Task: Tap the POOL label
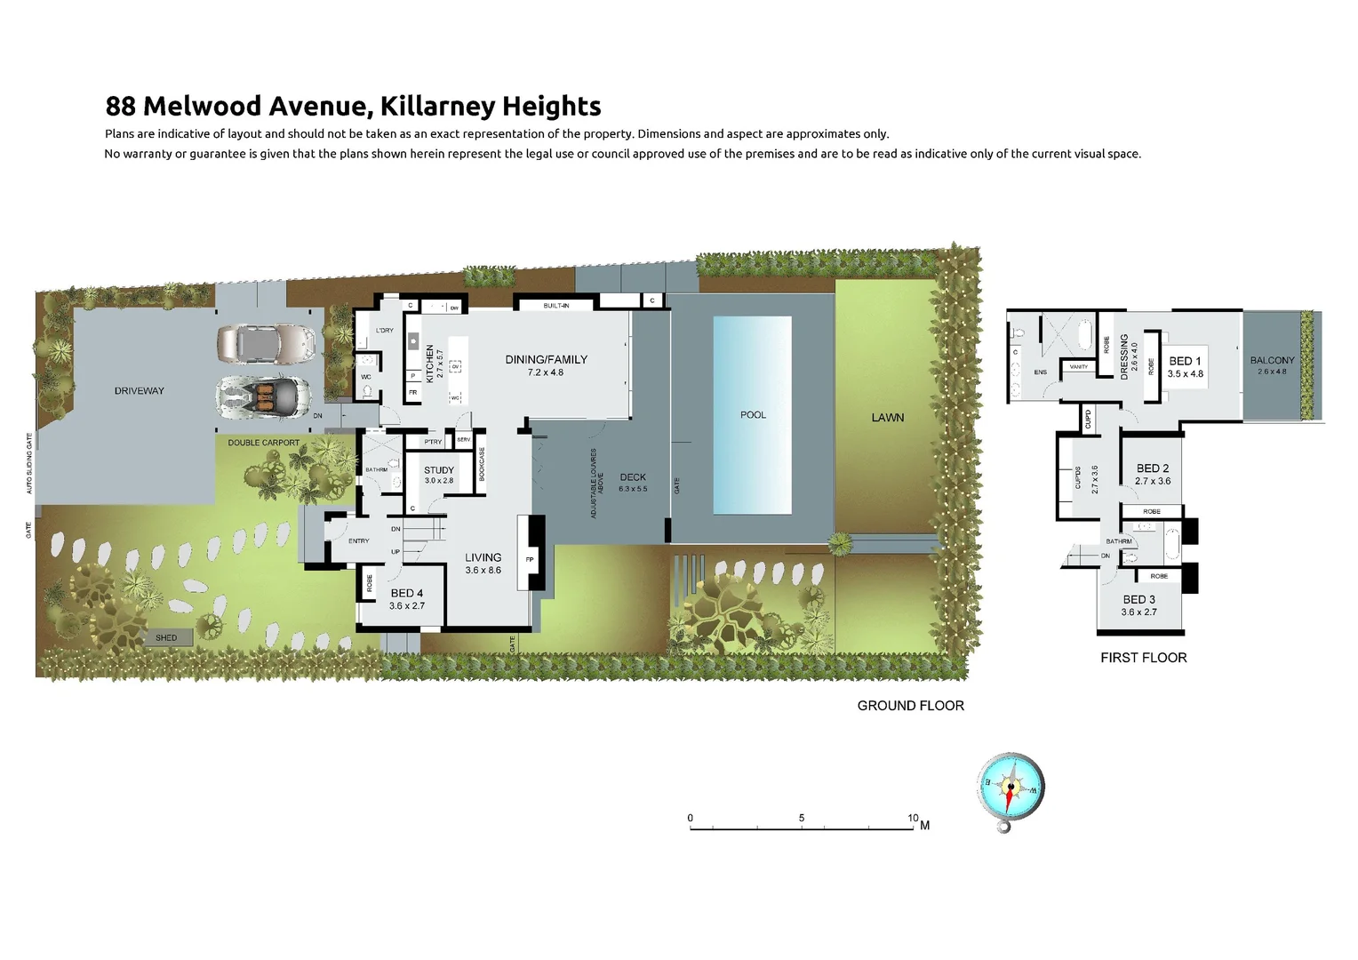753,415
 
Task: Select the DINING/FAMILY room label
546,360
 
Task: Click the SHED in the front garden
166,637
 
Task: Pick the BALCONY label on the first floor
1272,360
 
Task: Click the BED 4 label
406,593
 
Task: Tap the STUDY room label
439,470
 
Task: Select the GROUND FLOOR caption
910,706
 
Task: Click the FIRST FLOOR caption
1143,658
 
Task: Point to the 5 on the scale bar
802,818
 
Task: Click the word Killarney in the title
437,107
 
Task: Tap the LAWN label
887,418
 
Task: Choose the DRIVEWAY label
140,391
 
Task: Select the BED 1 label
1185,361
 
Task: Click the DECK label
633,477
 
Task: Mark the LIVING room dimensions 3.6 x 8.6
483,571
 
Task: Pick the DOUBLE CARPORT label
264,443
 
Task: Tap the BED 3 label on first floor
1138,600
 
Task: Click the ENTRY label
358,541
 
